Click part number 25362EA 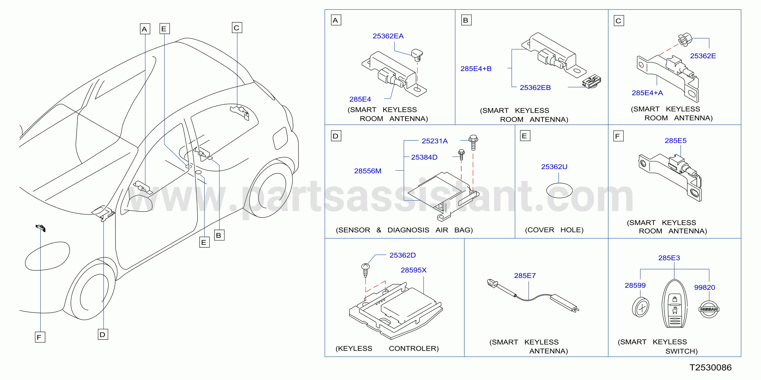(x=388, y=36)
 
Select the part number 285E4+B (x=476, y=69)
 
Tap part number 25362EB (x=535, y=88)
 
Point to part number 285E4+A (x=647, y=93)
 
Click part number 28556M (x=367, y=171)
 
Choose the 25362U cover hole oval (x=559, y=191)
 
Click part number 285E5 (x=675, y=141)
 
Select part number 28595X (x=414, y=270)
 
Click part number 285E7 (x=525, y=276)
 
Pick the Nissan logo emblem (x=709, y=309)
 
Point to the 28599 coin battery (x=640, y=307)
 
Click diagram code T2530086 (x=710, y=368)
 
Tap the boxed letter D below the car (x=103, y=335)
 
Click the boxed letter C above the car (x=237, y=28)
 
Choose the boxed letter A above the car (x=145, y=29)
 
